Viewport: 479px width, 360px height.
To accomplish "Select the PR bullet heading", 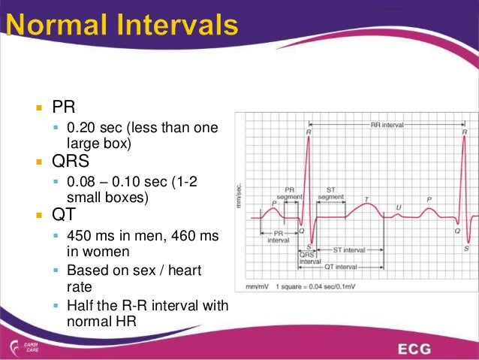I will click(x=62, y=105).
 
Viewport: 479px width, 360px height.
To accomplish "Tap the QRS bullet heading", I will click(x=71, y=161).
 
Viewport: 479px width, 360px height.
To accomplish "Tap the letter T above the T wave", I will click(x=366, y=200).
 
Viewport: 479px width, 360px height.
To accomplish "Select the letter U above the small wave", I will click(x=398, y=207).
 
